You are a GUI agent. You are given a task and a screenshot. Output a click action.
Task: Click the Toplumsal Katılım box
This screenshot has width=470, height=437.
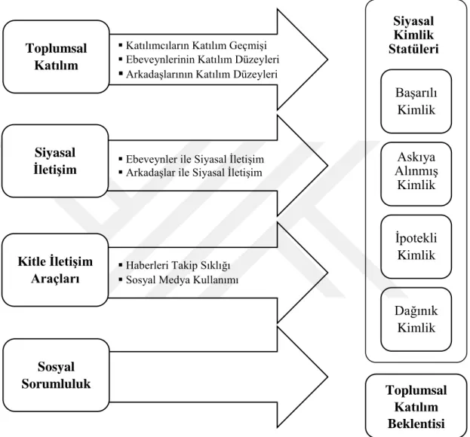click(x=56, y=57)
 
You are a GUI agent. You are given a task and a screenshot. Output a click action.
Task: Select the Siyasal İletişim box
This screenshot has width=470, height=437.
click(x=55, y=160)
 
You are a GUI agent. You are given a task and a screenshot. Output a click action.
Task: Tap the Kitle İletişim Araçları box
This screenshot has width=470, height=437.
click(x=55, y=270)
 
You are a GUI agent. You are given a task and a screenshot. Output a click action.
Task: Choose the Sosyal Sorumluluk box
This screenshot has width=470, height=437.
click(x=56, y=375)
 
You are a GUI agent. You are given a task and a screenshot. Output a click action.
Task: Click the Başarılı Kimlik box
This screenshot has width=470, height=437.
click(x=416, y=101)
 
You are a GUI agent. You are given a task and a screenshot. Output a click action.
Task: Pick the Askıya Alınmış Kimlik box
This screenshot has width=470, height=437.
click(x=416, y=174)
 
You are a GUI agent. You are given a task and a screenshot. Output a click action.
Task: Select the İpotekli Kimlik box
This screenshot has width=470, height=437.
click(x=416, y=246)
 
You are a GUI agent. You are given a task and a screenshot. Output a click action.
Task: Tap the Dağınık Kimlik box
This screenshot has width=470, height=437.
click(x=416, y=319)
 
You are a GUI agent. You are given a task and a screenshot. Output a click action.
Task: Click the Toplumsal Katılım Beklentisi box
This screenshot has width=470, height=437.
click(x=416, y=406)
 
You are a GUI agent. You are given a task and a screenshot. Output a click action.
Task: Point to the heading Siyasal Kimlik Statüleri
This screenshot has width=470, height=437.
click(x=413, y=35)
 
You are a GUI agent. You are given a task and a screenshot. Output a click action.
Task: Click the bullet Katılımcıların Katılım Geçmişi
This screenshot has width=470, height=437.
click(x=193, y=45)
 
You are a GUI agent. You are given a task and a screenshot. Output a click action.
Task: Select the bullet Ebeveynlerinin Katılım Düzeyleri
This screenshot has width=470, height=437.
click(x=199, y=60)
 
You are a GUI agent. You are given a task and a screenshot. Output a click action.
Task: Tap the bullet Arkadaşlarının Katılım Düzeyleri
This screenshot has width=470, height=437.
click(x=198, y=74)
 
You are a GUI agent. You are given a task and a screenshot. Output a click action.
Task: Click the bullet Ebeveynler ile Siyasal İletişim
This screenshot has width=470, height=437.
click(x=192, y=159)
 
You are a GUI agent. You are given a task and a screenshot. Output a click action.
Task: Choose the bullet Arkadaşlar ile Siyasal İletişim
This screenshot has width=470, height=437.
click(x=191, y=173)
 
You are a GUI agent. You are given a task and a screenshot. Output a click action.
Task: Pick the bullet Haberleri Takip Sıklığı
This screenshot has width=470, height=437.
click(x=175, y=265)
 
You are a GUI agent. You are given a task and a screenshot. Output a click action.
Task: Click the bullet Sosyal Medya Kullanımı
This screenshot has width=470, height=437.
click(x=179, y=280)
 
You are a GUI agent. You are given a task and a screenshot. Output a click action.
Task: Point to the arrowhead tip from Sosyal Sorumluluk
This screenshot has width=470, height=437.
click(x=327, y=377)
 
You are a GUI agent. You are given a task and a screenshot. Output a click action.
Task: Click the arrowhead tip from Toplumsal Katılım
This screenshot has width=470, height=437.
click(x=327, y=60)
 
